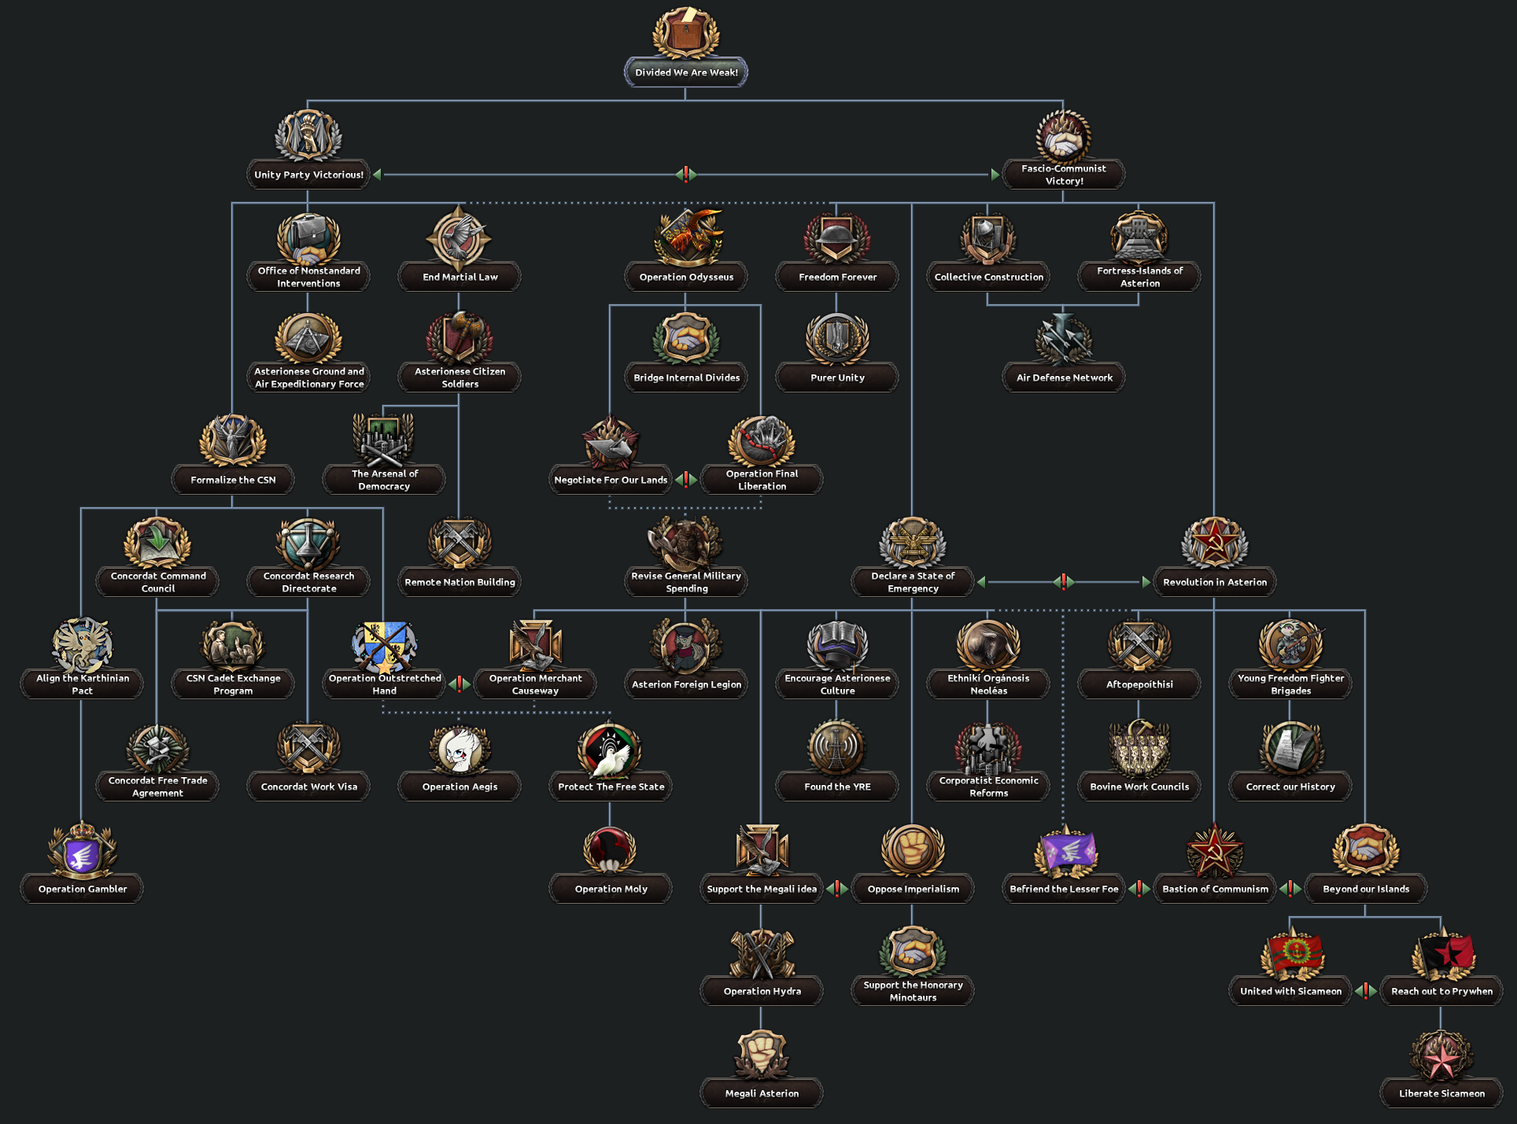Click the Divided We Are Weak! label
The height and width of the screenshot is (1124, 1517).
686,72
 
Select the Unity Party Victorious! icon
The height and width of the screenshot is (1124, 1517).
308,136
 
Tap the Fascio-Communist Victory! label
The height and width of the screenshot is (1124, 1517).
1064,175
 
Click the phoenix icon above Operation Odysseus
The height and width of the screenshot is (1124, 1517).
687,236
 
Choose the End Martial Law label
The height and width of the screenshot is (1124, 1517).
460,277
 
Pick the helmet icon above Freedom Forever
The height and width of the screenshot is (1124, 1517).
837,236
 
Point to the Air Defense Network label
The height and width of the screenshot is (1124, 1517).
1064,378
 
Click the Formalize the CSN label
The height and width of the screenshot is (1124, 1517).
233,480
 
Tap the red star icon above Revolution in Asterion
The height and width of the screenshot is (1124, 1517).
1214,543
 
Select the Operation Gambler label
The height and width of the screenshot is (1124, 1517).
83,889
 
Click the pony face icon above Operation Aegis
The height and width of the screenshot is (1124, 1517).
460,749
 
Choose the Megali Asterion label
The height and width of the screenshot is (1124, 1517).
762,1093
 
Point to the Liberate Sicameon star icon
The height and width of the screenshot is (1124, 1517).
1441,1056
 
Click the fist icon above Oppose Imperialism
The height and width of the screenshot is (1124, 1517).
913,850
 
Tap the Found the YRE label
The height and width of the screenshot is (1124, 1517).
837,787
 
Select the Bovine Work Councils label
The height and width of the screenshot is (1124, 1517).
1139,787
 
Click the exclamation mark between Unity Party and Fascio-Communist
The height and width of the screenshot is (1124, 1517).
686,175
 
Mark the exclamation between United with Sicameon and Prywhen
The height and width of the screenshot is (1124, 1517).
1366,991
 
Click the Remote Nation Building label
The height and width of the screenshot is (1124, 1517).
460,582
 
